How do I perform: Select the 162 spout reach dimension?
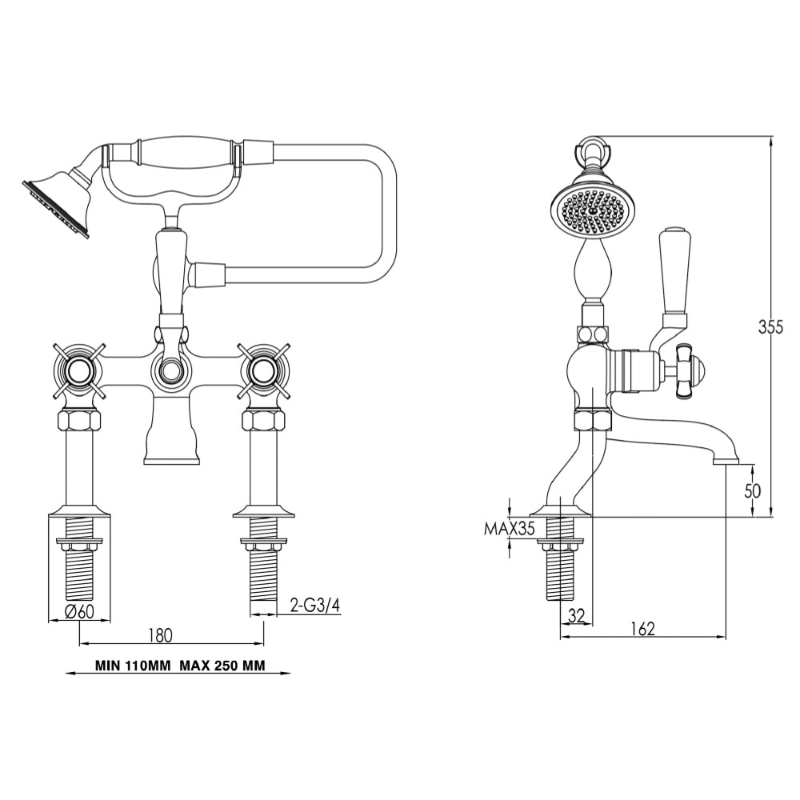pos(641,629)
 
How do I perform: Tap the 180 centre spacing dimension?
pos(160,635)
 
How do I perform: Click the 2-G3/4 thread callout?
pos(314,606)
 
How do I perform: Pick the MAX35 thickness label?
pos(509,528)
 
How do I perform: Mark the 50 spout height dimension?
pos(753,490)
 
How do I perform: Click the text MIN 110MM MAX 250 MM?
pos(179,665)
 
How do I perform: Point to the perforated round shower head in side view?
pos(593,210)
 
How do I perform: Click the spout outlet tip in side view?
pos(726,461)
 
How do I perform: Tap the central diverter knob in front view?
pos(170,370)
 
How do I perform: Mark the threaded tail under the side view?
pos(560,572)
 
